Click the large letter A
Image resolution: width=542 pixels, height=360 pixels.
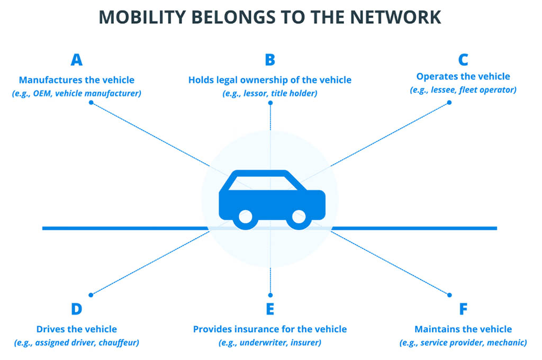click(x=76, y=60)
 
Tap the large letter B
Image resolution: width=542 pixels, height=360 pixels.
click(x=270, y=60)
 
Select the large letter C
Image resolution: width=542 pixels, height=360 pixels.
click(x=463, y=60)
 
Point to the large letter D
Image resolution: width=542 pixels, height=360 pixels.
click(x=76, y=309)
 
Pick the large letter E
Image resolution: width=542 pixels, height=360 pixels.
click(x=270, y=309)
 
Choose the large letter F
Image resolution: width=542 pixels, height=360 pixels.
click(x=463, y=309)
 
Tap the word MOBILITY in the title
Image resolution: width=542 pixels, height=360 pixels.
click(x=142, y=17)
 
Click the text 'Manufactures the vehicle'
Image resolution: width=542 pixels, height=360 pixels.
click(x=76, y=80)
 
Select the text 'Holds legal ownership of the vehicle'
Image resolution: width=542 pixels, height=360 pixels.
click(x=270, y=80)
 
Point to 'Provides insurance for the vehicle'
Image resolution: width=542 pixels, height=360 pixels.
click(x=270, y=329)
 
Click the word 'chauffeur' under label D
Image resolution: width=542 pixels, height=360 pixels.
click(x=119, y=343)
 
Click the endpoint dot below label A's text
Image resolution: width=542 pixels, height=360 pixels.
click(x=91, y=102)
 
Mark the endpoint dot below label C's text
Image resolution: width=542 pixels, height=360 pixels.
click(x=449, y=102)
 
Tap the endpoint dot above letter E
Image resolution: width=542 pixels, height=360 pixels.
click(x=270, y=295)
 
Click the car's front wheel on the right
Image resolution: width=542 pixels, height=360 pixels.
click(x=299, y=217)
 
